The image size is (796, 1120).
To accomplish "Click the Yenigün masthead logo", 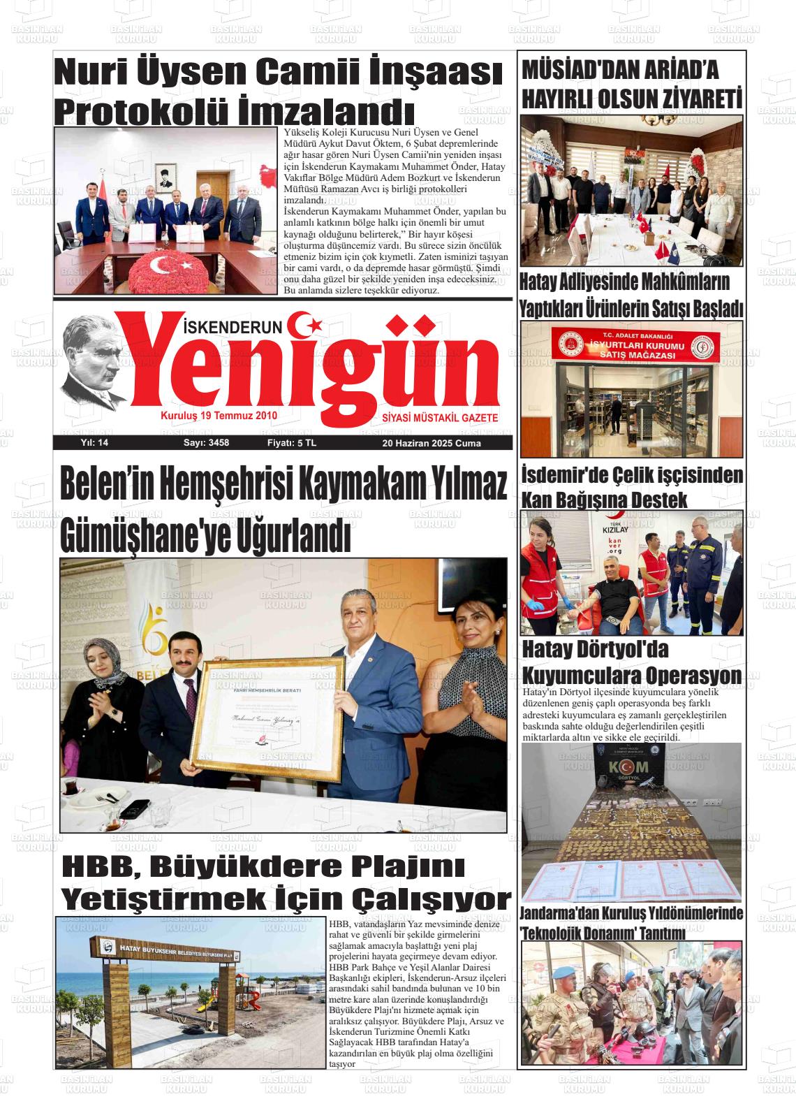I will coord(307,371).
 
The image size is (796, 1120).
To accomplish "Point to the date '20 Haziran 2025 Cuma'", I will coord(431,443).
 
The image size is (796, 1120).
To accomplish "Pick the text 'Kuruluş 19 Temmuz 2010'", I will coord(219,415).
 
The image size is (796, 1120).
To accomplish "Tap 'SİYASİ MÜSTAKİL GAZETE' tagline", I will coord(440,417).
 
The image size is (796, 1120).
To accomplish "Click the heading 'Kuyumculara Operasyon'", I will coord(632,676).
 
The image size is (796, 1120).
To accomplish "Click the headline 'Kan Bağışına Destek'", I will coord(604,500).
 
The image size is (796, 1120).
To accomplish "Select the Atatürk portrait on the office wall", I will coord(166,178).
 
